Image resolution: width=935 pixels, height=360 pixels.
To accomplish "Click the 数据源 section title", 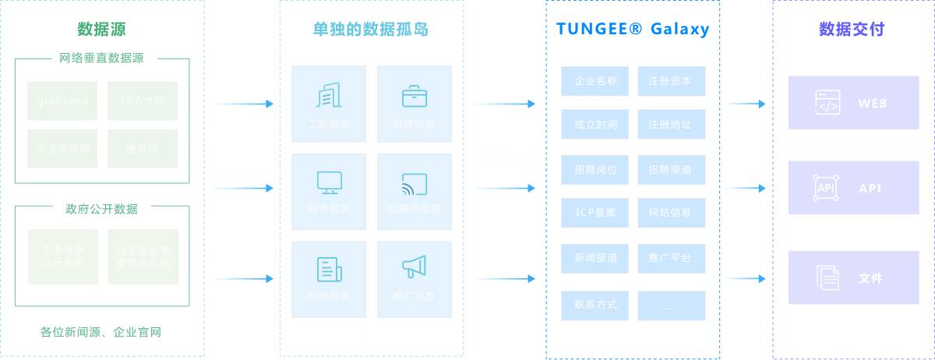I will coord(101,30).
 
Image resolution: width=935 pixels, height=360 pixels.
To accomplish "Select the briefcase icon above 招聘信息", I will coord(414,96).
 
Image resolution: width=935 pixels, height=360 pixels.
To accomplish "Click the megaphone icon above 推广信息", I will coord(414,267).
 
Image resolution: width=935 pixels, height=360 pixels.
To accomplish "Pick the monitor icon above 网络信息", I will coord(328,182).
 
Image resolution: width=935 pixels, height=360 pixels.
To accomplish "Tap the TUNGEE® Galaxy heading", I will coord(633,30).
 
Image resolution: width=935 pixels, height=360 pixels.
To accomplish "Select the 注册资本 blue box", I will coord(671,81).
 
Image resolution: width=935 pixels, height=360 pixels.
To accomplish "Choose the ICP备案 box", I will coord(595,213).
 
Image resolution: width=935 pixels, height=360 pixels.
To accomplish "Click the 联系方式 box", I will coord(595,305).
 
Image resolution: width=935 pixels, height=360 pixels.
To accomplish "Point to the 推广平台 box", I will coord(671,258).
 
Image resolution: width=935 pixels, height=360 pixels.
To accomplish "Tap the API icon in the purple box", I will coord(826,188).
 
